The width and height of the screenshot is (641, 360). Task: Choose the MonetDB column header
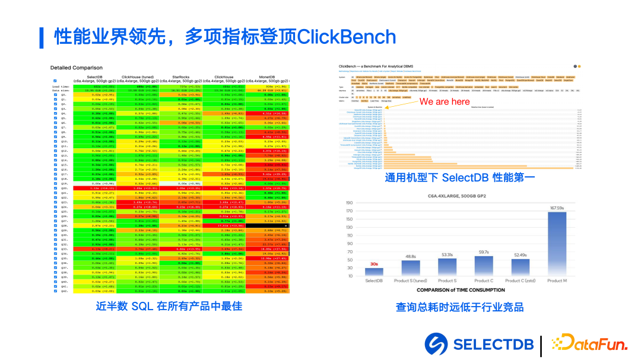(x=270, y=77)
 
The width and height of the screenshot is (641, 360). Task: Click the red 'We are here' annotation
(x=445, y=101)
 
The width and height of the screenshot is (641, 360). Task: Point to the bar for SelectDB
(x=375, y=272)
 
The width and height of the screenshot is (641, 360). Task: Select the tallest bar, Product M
(x=556, y=244)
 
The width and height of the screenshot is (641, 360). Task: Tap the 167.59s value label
(x=556, y=208)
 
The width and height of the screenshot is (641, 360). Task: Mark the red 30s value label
(x=375, y=265)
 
